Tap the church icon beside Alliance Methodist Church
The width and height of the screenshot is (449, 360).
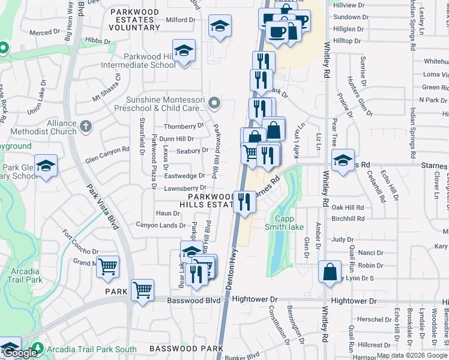[x=86, y=127]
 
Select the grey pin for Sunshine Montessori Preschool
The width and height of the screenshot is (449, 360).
[x=214, y=104]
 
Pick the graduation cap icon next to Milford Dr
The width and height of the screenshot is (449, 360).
[x=220, y=27]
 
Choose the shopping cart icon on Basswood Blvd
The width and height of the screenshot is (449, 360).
[x=143, y=290]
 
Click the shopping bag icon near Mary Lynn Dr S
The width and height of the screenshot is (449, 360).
[x=330, y=272]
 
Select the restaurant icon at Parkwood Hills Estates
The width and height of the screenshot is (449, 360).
[x=244, y=202]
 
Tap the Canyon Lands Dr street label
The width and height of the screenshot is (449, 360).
[x=161, y=226]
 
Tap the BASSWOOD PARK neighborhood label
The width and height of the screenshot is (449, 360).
[x=186, y=348]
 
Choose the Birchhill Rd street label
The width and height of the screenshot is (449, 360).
[x=348, y=219]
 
